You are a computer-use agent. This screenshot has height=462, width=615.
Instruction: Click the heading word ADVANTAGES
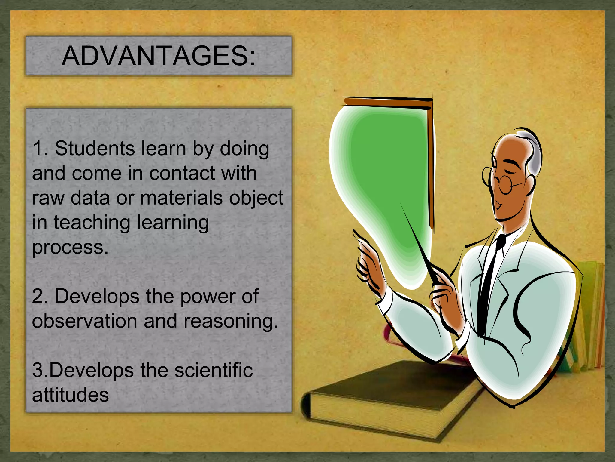click(x=158, y=56)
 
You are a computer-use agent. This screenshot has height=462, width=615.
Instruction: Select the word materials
click(x=181, y=198)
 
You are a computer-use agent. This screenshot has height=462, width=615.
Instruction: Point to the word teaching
click(x=92, y=223)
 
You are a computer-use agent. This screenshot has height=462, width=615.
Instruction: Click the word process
click(x=70, y=247)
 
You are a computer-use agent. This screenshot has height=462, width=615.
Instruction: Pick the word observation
click(x=84, y=321)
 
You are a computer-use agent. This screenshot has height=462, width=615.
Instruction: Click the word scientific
click(x=214, y=370)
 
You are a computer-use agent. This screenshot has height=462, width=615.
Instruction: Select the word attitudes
click(x=70, y=395)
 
